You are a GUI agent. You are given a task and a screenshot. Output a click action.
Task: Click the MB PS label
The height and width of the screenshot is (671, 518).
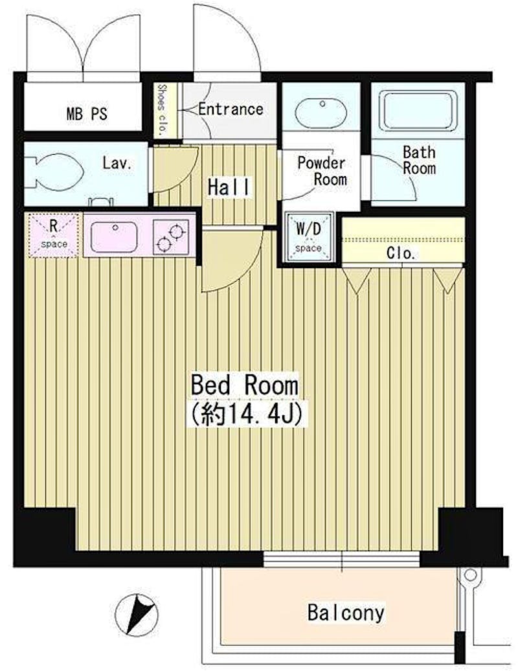coord(87,114)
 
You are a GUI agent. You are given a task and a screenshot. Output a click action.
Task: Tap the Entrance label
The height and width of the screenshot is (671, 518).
coord(231,109)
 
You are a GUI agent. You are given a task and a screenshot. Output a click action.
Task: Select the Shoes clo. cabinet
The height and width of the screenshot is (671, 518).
coord(163,110)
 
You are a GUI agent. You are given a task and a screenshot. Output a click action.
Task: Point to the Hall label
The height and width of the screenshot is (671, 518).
coord(229,187)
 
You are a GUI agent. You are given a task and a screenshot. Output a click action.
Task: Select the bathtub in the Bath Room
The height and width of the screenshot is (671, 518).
coord(418,109)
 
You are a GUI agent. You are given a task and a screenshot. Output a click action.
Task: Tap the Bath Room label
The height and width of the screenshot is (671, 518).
coord(419,160)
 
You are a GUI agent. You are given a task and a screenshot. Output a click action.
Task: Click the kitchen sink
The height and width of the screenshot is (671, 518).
coord(114,237)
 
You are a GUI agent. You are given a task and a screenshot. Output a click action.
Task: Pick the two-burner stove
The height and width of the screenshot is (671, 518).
coord(171,237)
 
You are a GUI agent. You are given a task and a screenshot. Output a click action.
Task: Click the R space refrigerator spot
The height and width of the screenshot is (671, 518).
coord(54,235)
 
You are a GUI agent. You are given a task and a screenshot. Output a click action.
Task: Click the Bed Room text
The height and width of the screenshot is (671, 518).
coord(245,385)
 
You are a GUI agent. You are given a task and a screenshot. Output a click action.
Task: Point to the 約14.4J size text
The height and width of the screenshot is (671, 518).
coord(247,413)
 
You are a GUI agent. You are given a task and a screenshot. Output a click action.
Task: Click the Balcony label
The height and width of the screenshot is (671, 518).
coord(346,613)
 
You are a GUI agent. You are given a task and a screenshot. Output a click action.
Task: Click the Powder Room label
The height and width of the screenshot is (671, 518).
coord(322,171)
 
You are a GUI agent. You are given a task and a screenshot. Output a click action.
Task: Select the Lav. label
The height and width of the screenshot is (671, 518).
coord(117,163)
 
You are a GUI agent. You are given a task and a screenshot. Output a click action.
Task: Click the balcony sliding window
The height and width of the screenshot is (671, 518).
coord(341,559)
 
